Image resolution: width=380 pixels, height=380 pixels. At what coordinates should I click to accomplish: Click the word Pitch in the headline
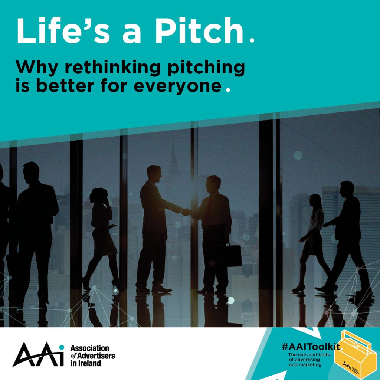[199, 30]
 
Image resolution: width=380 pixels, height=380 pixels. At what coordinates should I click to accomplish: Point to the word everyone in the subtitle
[178, 86]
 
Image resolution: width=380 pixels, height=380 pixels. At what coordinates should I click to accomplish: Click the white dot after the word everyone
[228, 90]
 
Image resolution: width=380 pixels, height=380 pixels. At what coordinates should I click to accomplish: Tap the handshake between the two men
[186, 212]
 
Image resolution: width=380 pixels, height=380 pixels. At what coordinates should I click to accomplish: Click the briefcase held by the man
[227, 255]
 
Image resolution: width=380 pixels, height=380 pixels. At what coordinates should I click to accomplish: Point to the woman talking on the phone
[102, 239]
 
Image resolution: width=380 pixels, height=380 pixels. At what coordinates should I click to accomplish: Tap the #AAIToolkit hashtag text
[311, 347]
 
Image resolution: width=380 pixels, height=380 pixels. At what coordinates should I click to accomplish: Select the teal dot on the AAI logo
[62, 347]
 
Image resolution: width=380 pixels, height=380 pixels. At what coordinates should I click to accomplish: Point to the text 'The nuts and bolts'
[309, 355]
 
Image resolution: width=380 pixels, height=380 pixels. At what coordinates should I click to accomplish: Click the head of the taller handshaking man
[154, 173]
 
